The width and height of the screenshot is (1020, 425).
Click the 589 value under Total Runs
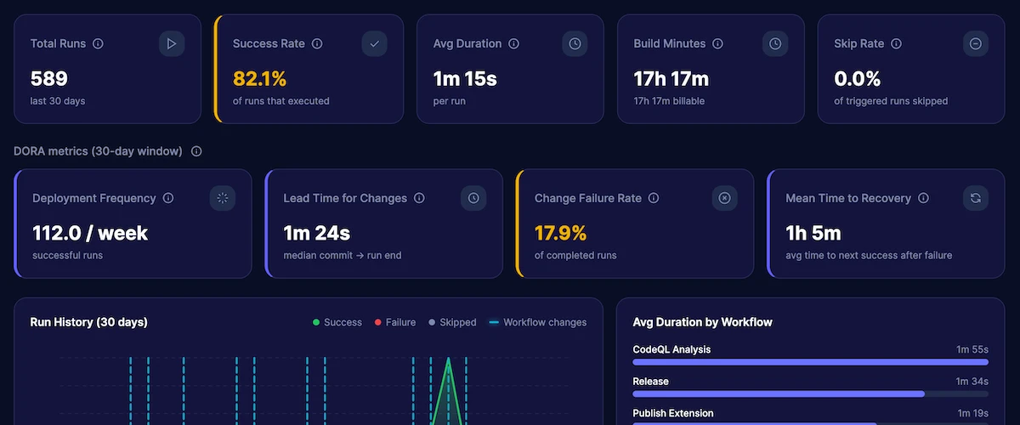click(x=49, y=79)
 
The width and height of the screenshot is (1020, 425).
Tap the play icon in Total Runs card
click(x=172, y=43)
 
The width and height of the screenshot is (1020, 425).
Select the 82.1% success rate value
click(x=260, y=79)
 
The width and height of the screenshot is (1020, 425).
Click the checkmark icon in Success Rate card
click(x=374, y=43)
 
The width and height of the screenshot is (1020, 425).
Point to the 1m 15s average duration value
click(x=465, y=79)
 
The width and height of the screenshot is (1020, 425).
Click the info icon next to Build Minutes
click(x=717, y=43)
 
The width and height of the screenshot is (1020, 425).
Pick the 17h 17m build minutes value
click(x=671, y=79)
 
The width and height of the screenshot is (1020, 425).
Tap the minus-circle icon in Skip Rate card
click(x=976, y=43)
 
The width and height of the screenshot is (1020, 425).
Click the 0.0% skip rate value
click(x=857, y=79)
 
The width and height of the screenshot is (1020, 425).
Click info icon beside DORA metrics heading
click(x=196, y=151)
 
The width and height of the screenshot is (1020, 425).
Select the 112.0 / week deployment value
click(x=90, y=233)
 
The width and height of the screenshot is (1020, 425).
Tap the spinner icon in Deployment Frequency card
click(x=223, y=198)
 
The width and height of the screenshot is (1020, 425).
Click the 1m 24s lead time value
click(x=316, y=233)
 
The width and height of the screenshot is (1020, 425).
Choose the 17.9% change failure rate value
click(x=562, y=233)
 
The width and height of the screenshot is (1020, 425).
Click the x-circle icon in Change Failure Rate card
click(x=724, y=198)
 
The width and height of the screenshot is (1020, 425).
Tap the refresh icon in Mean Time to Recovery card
click(x=976, y=198)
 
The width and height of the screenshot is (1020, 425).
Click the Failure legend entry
click(x=395, y=322)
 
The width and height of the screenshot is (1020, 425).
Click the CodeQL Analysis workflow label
click(x=671, y=349)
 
